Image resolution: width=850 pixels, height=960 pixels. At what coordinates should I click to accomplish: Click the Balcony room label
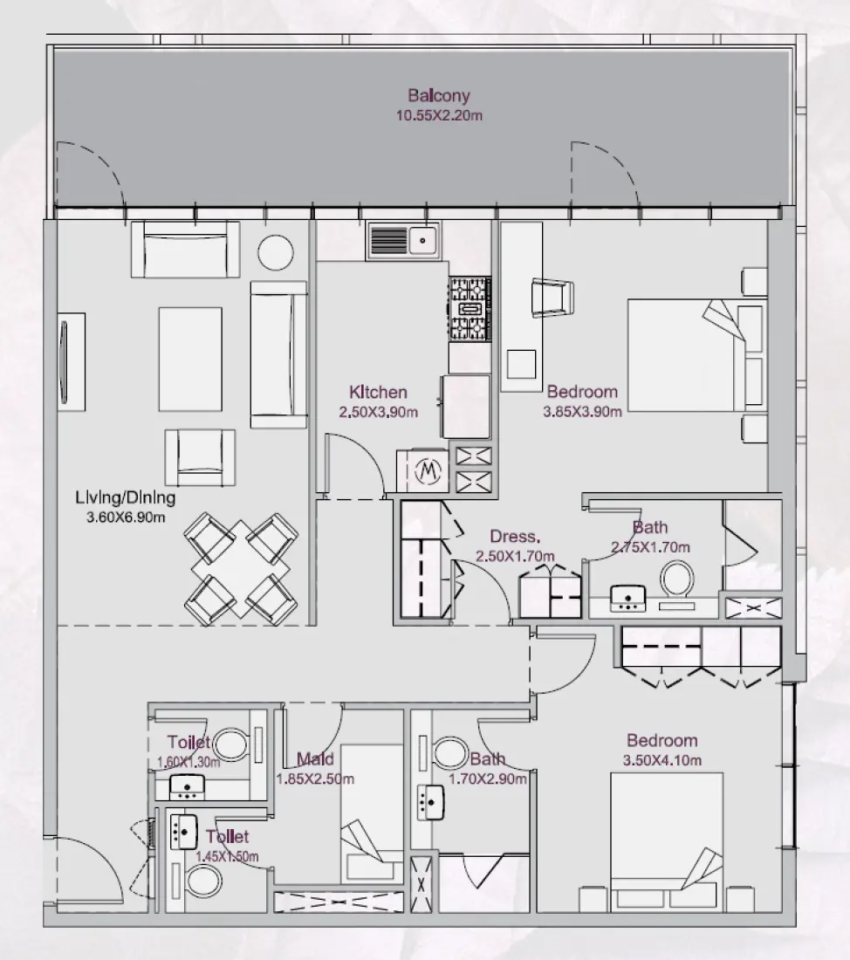[x=439, y=96]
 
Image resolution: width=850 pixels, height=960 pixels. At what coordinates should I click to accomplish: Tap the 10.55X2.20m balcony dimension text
[x=439, y=114]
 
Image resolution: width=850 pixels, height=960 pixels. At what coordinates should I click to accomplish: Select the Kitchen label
[x=377, y=393]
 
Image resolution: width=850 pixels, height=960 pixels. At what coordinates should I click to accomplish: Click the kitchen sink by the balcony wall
[x=404, y=240]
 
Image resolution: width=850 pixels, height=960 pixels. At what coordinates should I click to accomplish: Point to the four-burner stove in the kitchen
[x=470, y=309]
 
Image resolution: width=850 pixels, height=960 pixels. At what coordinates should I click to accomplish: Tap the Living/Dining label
[x=126, y=498]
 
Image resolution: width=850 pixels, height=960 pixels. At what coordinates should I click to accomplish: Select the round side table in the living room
[x=276, y=252]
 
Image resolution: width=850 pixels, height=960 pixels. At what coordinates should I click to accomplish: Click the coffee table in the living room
[x=190, y=358]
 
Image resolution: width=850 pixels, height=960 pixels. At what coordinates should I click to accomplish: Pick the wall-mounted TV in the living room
[x=65, y=360]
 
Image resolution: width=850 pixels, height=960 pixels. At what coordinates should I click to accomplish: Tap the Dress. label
[x=515, y=537]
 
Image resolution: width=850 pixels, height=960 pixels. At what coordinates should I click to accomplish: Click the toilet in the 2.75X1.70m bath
[x=676, y=579]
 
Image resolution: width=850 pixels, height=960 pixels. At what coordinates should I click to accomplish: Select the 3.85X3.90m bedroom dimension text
[x=582, y=412]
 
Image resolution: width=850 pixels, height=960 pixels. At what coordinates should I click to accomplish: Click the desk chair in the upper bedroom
[x=553, y=295]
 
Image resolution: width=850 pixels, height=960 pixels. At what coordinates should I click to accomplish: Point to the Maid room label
[x=315, y=758]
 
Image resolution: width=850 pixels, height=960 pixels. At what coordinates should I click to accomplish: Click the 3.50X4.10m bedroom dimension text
[x=661, y=760]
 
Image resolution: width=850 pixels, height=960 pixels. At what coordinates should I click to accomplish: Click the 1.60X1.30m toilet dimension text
[x=189, y=762]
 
